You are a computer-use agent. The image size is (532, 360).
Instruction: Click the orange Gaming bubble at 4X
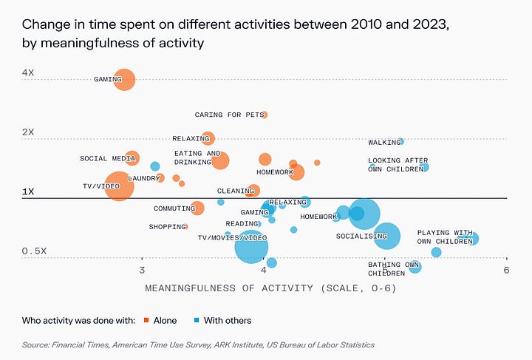click(124, 79)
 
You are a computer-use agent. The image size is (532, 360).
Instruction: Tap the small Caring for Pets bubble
click(265, 115)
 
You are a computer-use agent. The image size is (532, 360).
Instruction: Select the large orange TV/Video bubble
click(119, 186)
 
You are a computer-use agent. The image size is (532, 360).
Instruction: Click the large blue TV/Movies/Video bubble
click(251, 246)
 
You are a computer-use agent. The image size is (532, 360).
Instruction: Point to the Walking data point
click(400, 141)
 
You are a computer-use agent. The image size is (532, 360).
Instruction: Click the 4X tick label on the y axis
click(28, 73)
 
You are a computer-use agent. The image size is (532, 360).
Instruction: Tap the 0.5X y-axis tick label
click(34, 251)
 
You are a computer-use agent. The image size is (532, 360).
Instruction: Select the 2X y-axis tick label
click(28, 132)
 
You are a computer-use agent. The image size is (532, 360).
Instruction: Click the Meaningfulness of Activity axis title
click(270, 288)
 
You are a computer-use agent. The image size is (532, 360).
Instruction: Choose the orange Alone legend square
click(146, 320)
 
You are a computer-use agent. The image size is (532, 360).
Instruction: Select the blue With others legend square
click(197, 320)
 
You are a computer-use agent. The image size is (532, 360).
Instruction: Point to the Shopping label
click(166, 227)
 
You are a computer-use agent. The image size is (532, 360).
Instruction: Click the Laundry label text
click(143, 178)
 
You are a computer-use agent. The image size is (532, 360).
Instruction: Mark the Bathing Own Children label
click(393, 268)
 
